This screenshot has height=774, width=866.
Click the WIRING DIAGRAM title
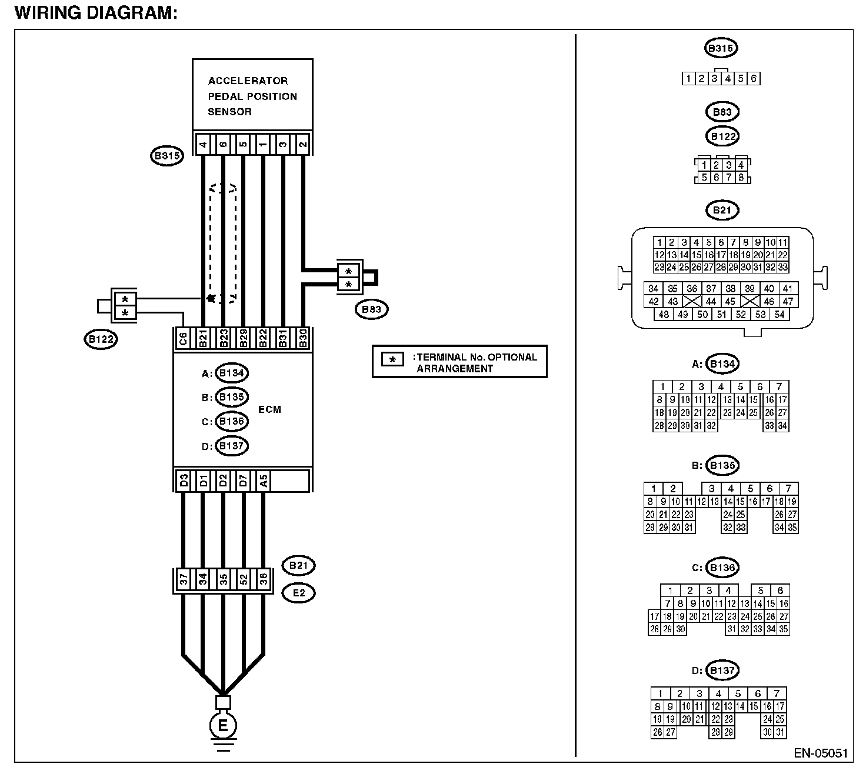[96, 13]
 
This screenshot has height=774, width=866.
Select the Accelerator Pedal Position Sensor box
[252, 95]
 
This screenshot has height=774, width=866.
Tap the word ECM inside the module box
[269, 409]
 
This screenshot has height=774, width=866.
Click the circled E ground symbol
[223, 725]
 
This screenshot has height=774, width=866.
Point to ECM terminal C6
[183, 339]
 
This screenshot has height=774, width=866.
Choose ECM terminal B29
[243, 339]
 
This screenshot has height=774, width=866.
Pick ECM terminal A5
[264, 481]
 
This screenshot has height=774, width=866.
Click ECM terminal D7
[243, 481]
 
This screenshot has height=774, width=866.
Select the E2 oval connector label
[299, 593]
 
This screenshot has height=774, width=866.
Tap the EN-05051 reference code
[821, 753]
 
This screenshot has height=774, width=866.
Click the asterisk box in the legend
[392, 359]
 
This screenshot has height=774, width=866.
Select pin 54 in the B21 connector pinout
[780, 315]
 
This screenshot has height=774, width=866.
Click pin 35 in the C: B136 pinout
[783, 629]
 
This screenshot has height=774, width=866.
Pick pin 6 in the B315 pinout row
[754, 79]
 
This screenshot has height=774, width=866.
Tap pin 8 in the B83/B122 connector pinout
[741, 177]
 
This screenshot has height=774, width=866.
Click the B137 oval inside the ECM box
[232, 446]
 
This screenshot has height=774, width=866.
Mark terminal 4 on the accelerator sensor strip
[203, 145]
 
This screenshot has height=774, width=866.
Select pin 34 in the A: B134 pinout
[782, 426]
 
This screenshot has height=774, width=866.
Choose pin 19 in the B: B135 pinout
[792, 502]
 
